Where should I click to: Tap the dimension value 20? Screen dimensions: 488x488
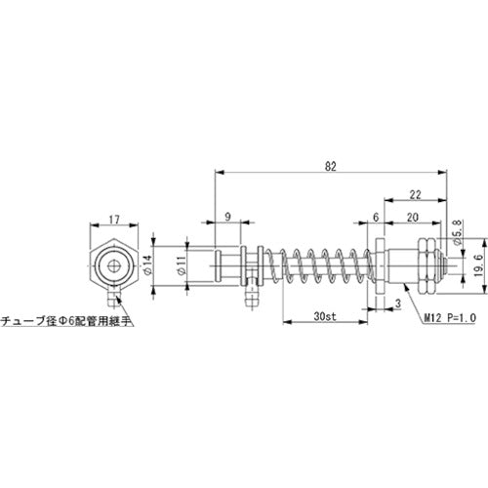[x=415, y=217]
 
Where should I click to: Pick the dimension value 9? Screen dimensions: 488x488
[x=227, y=217]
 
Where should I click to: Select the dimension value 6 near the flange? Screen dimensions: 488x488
[x=375, y=217]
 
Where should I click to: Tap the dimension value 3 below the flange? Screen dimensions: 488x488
[x=398, y=304]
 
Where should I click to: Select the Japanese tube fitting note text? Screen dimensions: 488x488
[x=67, y=319]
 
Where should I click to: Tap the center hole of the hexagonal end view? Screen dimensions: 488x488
[x=115, y=264]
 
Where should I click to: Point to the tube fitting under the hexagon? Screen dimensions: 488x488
[x=115, y=291]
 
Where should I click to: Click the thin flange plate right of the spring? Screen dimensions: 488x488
[x=378, y=265]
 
